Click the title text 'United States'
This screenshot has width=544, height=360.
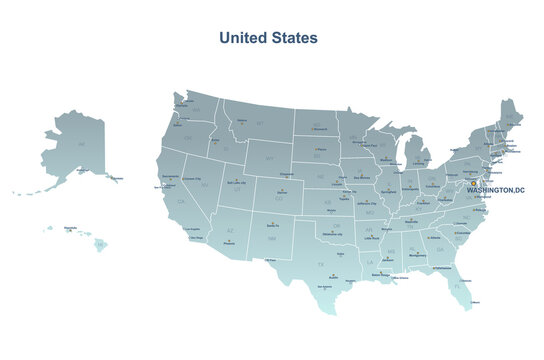coord(268,37)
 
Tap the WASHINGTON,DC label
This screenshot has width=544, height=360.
coord(495,189)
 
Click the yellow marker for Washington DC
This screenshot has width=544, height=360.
coord(473,183)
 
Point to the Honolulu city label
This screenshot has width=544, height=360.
coord(70,228)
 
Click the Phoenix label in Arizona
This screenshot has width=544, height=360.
coord(230,242)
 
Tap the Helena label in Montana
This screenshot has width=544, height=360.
coord(241,121)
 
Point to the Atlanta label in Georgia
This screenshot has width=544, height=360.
coord(433,238)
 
